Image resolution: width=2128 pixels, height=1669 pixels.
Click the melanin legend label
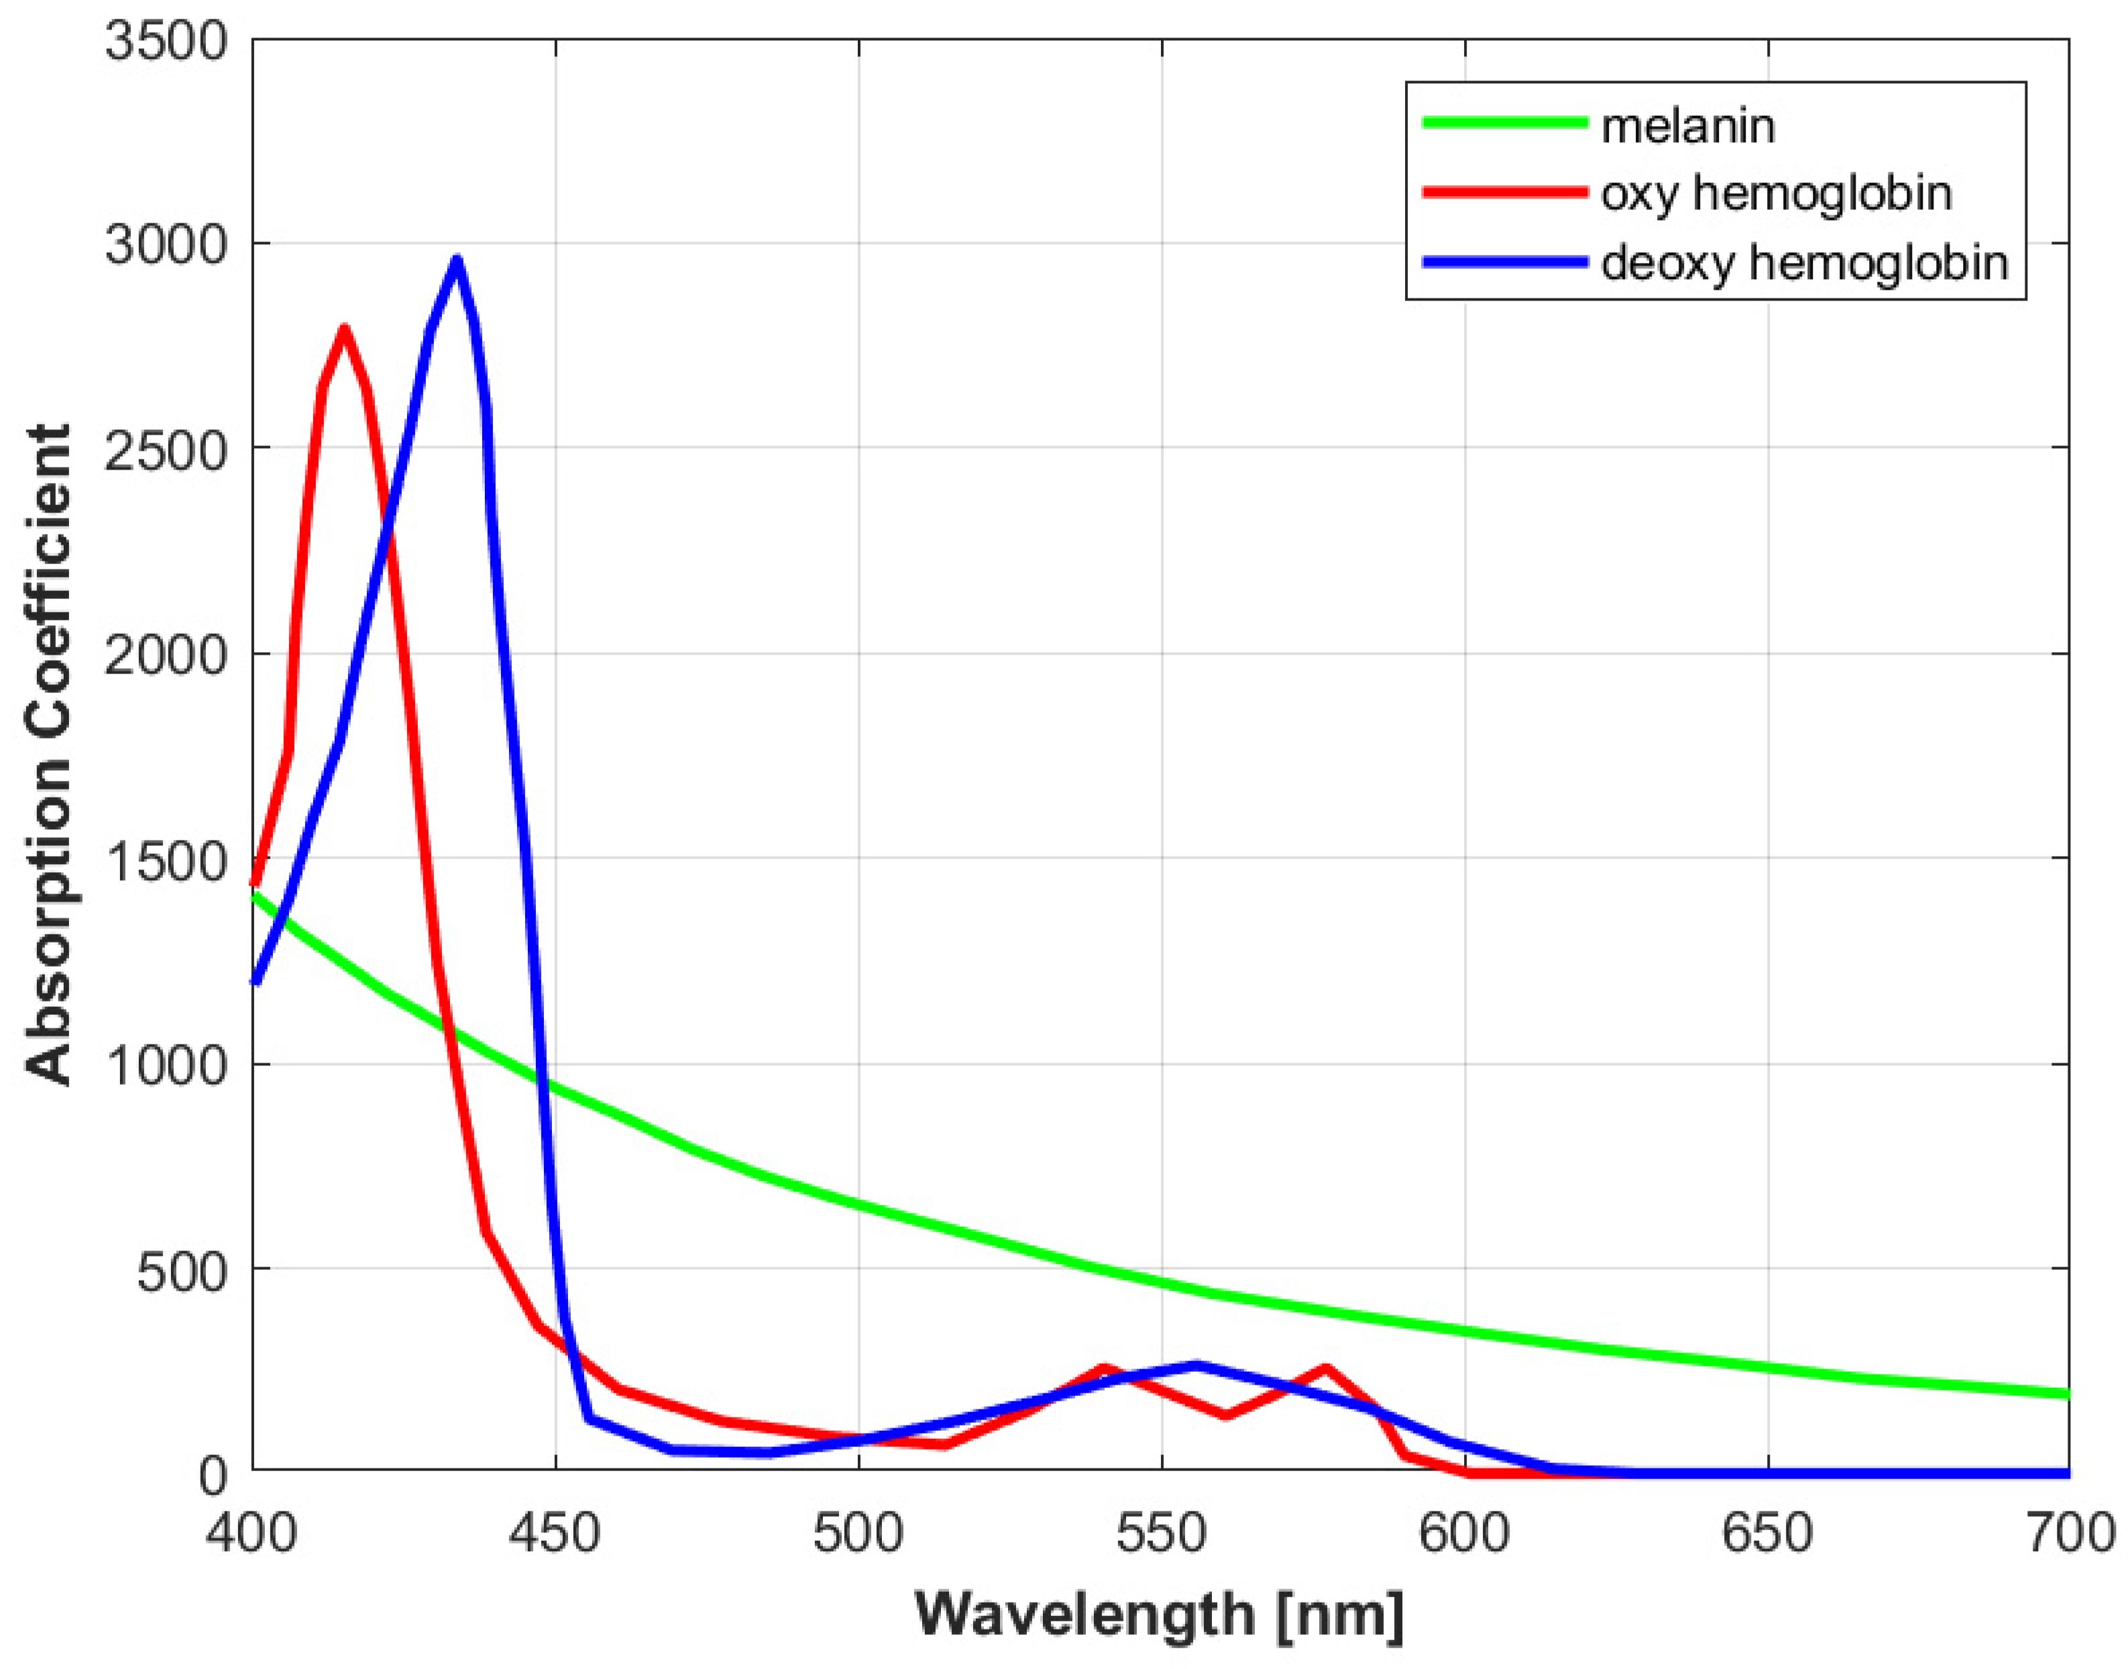click(1687, 127)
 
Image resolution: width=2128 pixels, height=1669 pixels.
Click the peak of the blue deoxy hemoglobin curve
click(455, 260)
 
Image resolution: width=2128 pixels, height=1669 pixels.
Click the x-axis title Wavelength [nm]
click(1160, 1613)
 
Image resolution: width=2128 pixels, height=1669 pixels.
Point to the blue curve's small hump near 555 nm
click(1196, 1365)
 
